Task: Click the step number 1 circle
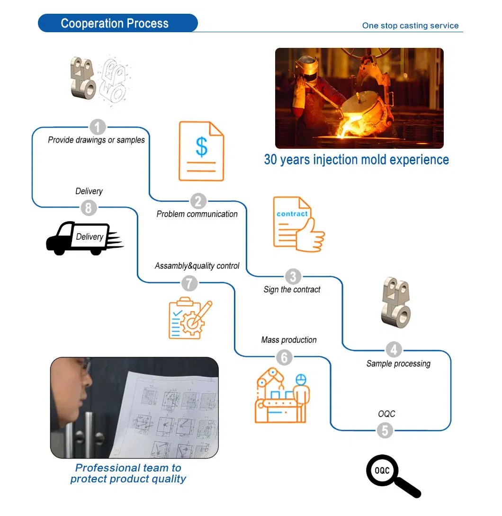tap(98, 127)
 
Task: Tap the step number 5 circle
tap(385, 430)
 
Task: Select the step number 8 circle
tap(89, 208)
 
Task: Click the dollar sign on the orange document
tap(201, 147)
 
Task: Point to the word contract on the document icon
tap(292, 214)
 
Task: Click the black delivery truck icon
tap(83, 238)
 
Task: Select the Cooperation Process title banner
tap(117, 23)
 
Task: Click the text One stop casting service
tap(410, 26)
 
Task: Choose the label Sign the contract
tap(292, 289)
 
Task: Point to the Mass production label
tap(289, 340)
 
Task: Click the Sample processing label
tap(398, 363)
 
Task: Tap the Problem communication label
tap(197, 214)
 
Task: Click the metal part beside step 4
tap(395, 304)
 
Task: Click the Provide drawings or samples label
tap(97, 140)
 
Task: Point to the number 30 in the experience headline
tap(270, 159)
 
